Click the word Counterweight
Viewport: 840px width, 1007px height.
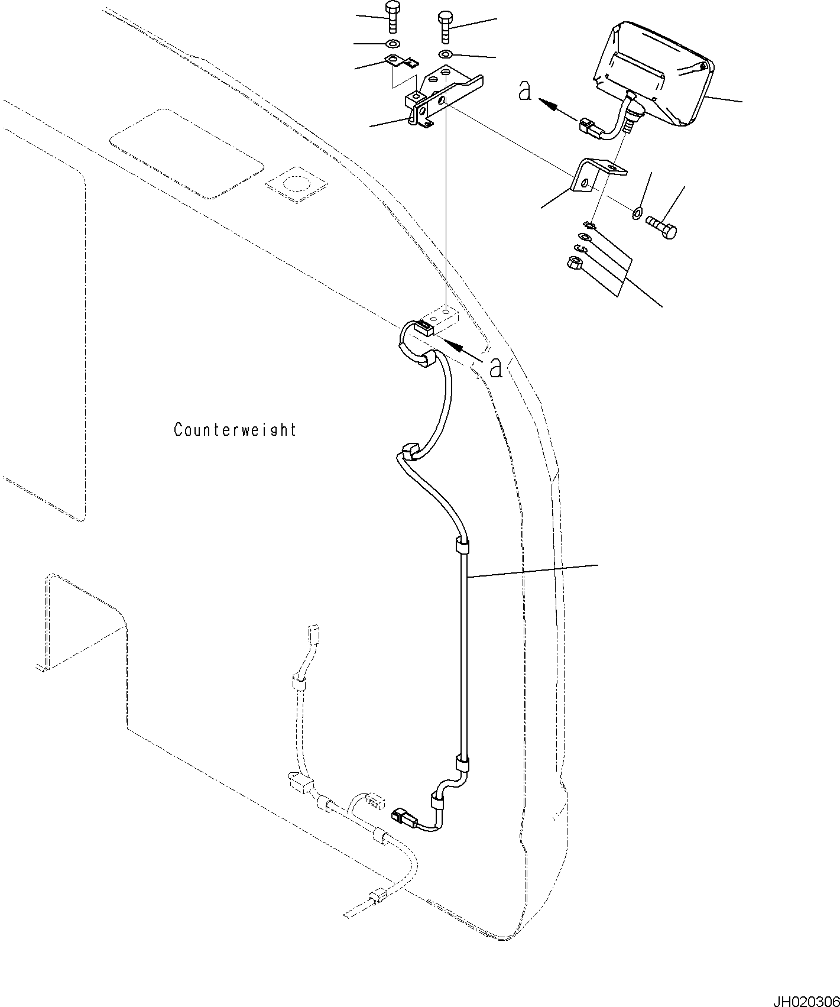(235, 429)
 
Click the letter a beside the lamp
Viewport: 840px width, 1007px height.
(524, 91)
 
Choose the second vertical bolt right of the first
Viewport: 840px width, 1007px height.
(445, 26)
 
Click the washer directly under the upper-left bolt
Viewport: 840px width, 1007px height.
(391, 44)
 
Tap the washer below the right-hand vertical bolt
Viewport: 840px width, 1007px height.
(445, 55)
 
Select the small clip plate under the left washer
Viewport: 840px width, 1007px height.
(401, 60)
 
